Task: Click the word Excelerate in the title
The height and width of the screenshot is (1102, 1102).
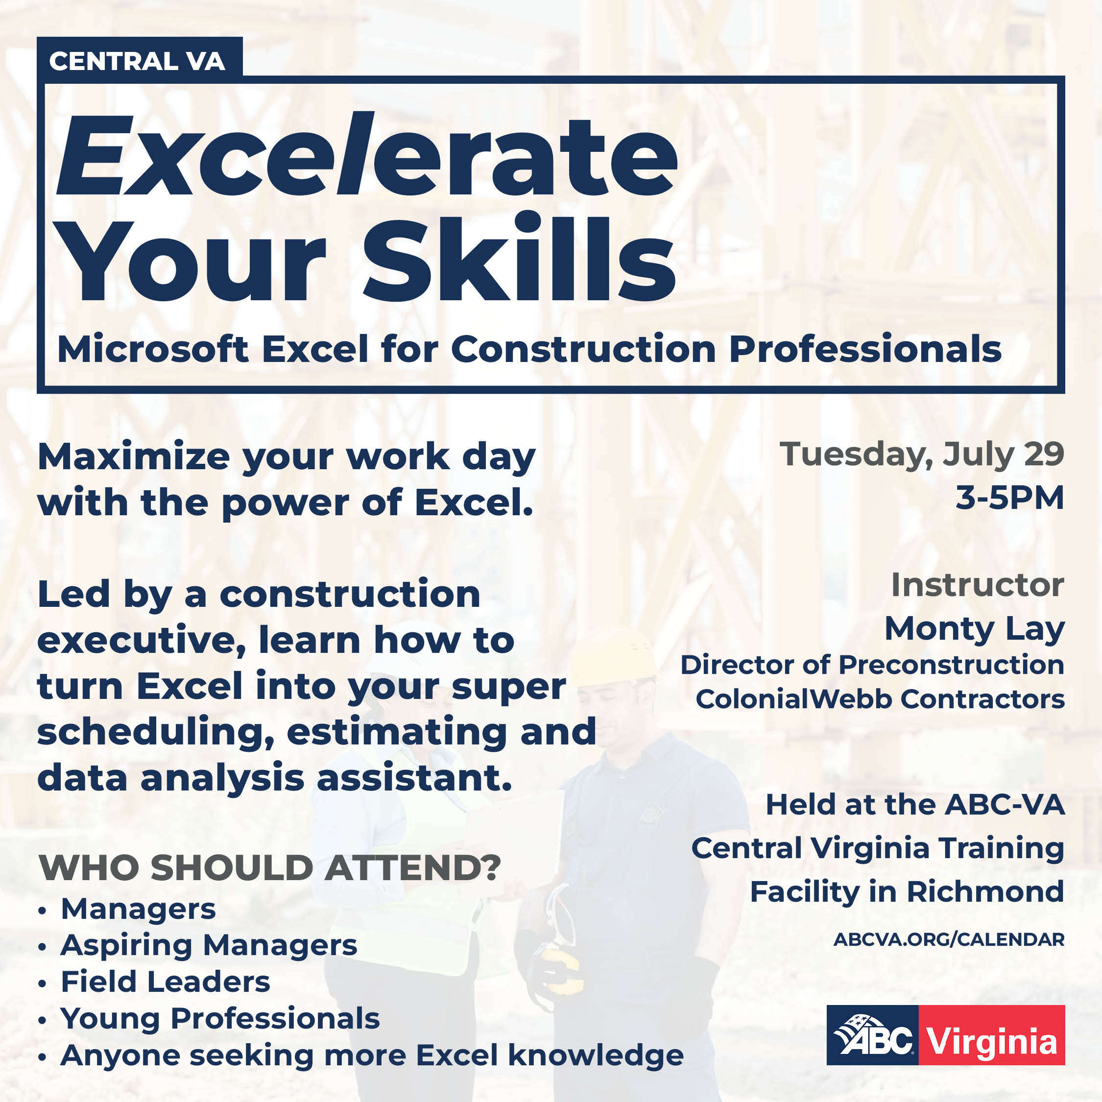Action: point(366,155)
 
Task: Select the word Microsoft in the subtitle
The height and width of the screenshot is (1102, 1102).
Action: point(153,349)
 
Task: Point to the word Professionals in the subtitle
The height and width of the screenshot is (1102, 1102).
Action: point(865,349)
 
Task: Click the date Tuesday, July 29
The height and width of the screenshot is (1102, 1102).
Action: point(921,455)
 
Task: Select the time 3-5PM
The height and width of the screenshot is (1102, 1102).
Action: point(1009,498)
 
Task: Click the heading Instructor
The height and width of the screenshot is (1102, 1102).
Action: point(977,585)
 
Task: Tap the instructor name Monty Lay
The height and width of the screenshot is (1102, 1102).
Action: point(974,629)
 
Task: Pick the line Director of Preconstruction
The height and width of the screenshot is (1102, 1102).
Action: point(872,665)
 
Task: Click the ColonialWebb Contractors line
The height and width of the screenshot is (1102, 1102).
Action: point(880,699)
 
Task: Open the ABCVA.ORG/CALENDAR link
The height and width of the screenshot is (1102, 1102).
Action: point(949,940)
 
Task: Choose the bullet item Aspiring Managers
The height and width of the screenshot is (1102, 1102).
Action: point(209,945)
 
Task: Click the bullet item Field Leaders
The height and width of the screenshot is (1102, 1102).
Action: point(166,982)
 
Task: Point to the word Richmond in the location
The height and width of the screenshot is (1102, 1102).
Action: point(985,891)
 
